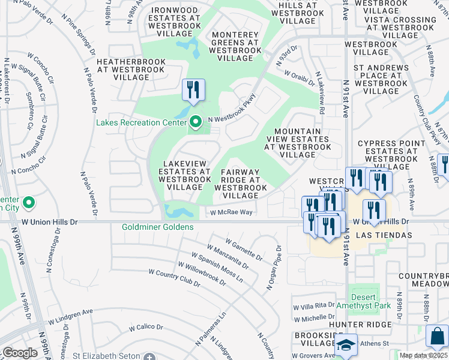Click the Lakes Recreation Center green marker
click(x=195, y=123)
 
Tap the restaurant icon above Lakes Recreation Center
click(x=193, y=91)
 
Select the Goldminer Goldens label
click(x=157, y=227)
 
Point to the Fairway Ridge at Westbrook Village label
click(x=240, y=184)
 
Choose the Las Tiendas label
click(x=384, y=235)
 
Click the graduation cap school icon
click(x=346, y=345)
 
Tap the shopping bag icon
click(x=437, y=337)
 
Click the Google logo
click(x=20, y=353)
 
